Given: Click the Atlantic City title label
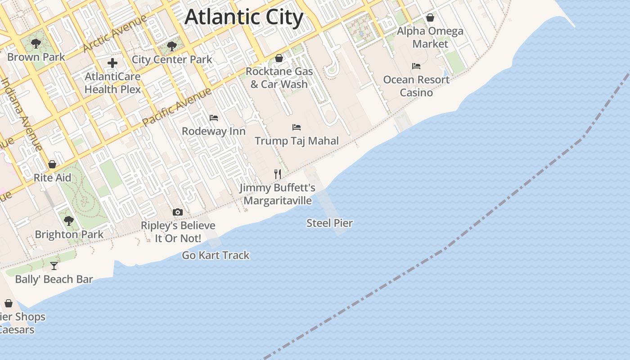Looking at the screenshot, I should pyautogui.click(x=244, y=18).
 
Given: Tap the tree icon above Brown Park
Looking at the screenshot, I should pyautogui.click(x=36, y=44).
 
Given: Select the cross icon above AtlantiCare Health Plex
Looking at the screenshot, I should pyautogui.click(x=112, y=63).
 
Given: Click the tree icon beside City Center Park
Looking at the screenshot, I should pyautogui.click(x=171, y=46).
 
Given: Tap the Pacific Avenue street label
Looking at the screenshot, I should pyautogui.click(x=176, y=107).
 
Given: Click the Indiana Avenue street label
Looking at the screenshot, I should pyautogui.click(x=21, y=114).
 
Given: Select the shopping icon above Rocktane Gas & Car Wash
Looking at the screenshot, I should pyautogui.click(x=279, y=58).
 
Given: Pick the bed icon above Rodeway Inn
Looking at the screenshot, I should pyautogui.click(x=214, y=118).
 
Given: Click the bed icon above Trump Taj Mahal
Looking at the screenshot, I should pyautogui.click(x=296, y=127).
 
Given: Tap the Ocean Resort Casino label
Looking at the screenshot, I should pyautogui.click(x=416, y=86).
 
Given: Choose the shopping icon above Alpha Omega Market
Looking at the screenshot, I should pyautogui.click(x=430, y=18).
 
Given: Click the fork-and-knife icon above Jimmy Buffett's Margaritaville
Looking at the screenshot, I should pyautogui.click(x=278, y=174).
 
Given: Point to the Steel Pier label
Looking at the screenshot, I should pyautogui.click(x=329, y=223).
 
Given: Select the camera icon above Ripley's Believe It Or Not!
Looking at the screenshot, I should pyautogui.click(x=178, y=212).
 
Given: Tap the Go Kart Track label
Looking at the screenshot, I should pyautogui.click(x=216, y=256).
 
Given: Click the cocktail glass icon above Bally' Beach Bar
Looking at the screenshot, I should pyautogui.click(x=54, y=266).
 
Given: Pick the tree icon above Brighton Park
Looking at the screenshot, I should pyautogui.click(x=69, y=221).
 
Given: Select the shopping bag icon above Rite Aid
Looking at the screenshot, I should pyautogui.click(x=52, y=164).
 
